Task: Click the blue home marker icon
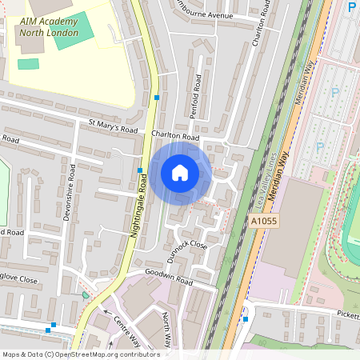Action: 180,172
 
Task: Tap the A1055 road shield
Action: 264,220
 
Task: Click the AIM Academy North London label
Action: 50,27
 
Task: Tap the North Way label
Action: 166,330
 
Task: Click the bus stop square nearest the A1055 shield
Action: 246,318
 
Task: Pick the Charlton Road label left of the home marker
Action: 174,137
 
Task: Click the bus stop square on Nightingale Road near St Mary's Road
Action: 157,98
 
